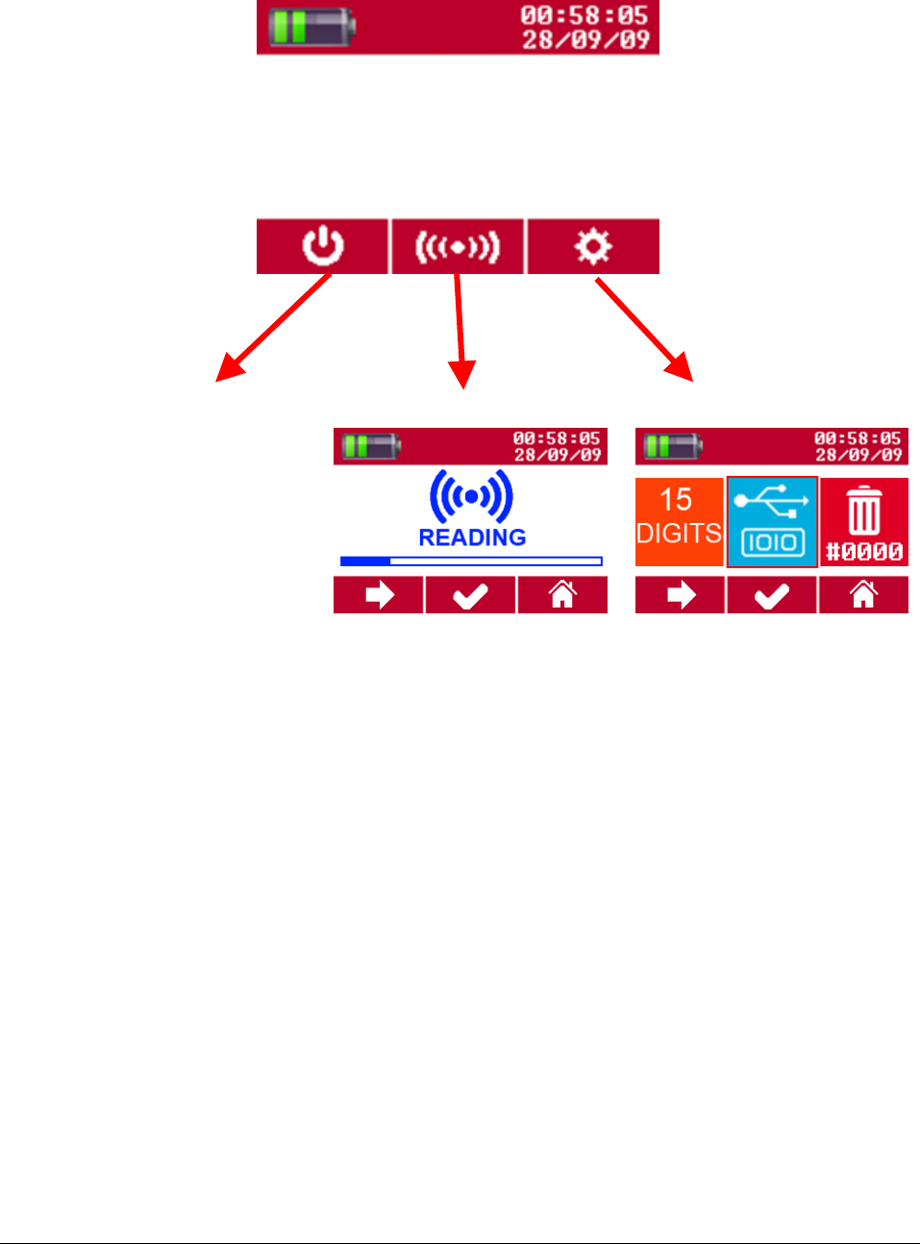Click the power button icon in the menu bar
pyautogui.click(x=323, y=246)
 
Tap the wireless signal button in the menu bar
pyautogui.click(x=458, y=247)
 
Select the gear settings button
pyautogui.click(x=593, y=246)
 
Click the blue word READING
pyautogui.click(x=472, y=537)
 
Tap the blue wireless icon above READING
pyautogui.click(x=471, y=496)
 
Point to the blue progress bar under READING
pyautogui.click(x=471, y=561)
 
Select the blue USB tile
pyautogui.click(x=772, y=521)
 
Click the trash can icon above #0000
pyautogui.click(x=863, y=510)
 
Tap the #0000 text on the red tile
pyautogui.click(x=864, y=552)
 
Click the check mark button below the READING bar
pyautogui.click(x=470, y=596)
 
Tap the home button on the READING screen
pyautogui.click(x=562, y=596)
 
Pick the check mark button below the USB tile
pyautogui.click(x=772, y=596)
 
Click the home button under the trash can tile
pyautogui.click(x=863, y=596)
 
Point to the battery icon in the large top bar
pyautogui.click(x=311, y=26)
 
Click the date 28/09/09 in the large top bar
pyautogui.click(x=585, y=40)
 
